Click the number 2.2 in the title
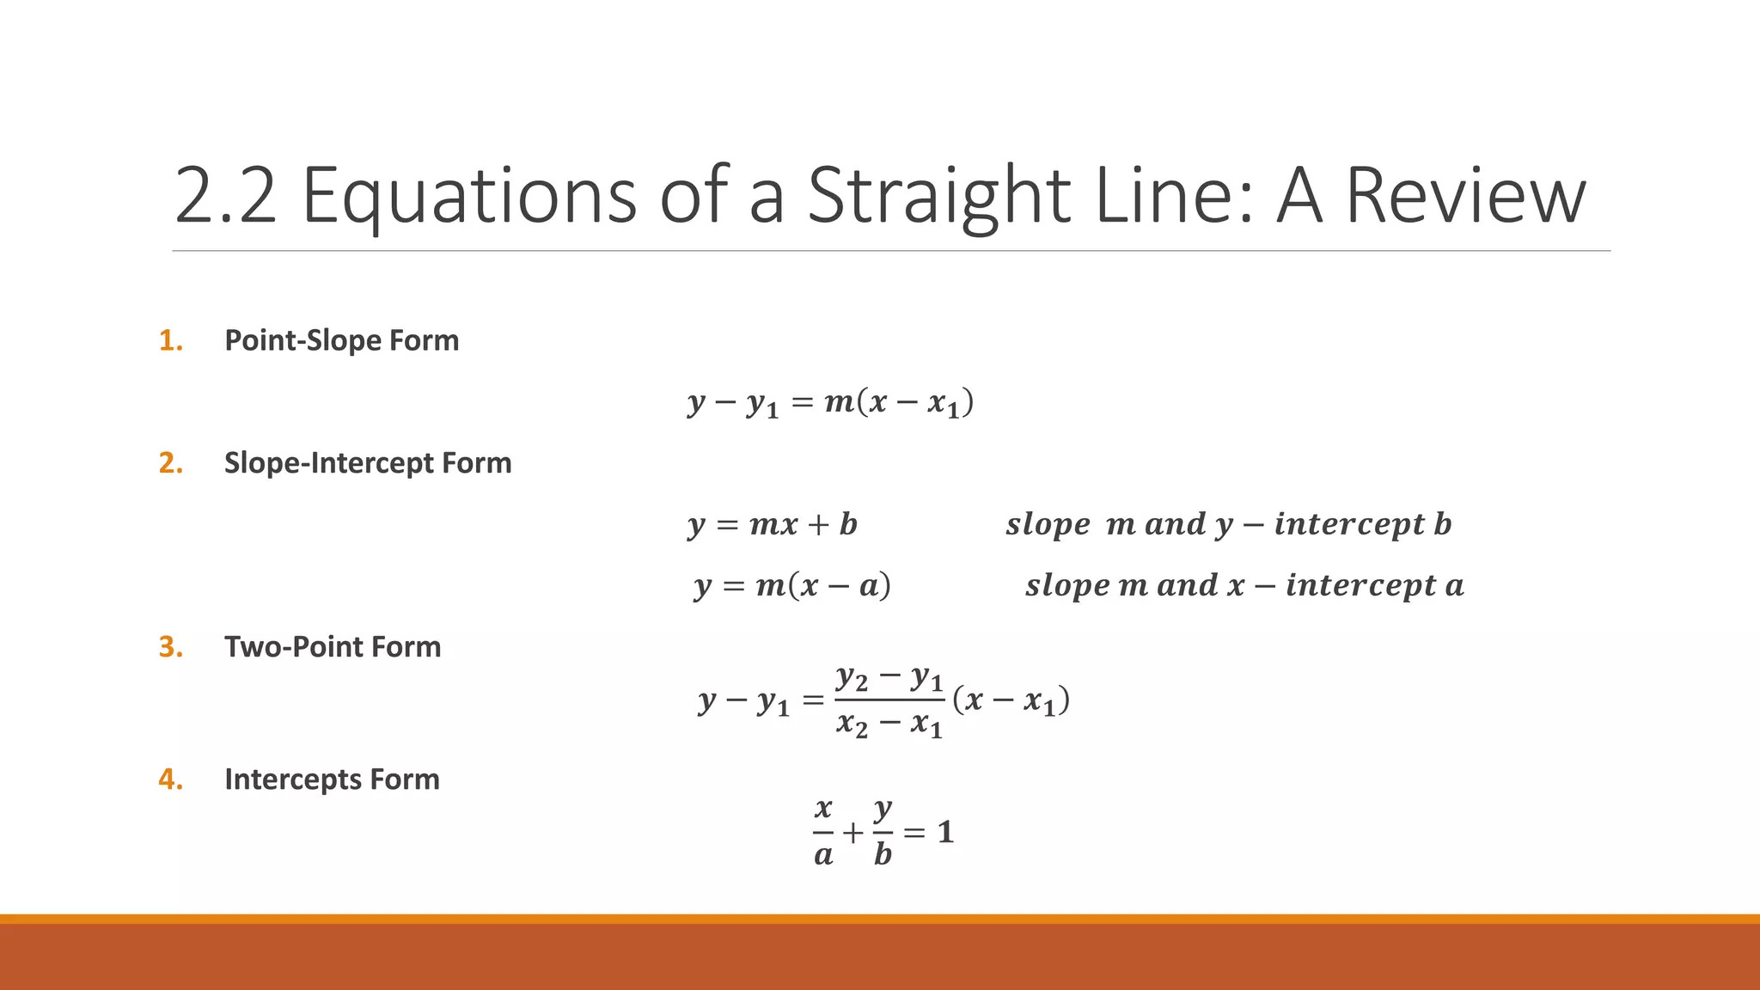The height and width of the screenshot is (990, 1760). [225, 196]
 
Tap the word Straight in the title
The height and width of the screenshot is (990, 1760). [939, 196]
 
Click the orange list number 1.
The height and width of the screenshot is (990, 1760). [171, 340]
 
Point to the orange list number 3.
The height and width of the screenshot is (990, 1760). [171, 647]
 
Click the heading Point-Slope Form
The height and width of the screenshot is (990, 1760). [341, 340]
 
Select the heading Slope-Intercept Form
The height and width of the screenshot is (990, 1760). [368, 463]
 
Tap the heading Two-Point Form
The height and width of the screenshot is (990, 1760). [333, 647]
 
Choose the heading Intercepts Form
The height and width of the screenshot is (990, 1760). [332, 779]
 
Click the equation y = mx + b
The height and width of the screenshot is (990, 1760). [773, 524]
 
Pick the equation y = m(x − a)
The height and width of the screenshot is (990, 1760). [792, 586]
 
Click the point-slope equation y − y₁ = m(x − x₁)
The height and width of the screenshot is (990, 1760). [830, 402]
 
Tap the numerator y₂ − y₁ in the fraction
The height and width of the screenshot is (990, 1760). [889, 678]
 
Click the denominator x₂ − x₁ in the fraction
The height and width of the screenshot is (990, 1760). [889, 724]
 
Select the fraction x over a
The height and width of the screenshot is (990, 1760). [823, 831]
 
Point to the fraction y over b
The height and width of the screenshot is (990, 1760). [883, 831]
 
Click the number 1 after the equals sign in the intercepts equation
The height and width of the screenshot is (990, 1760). [945, 832]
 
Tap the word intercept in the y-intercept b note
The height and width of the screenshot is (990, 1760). [1349, 524]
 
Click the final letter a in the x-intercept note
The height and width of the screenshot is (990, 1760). [1454, 586]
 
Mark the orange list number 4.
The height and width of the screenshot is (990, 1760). [171, 779]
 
